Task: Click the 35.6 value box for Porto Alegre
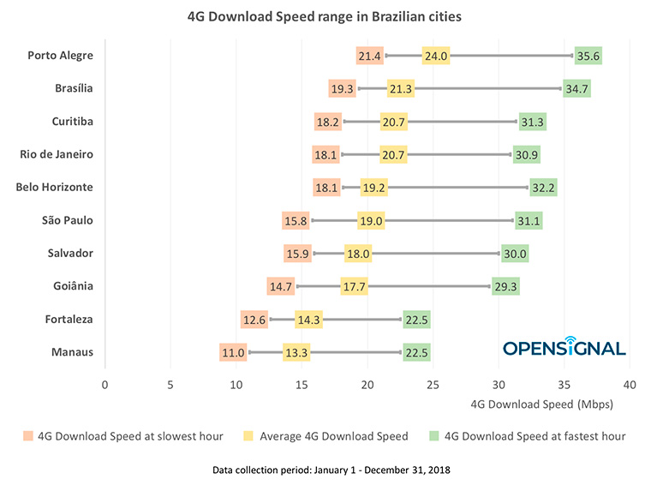588,56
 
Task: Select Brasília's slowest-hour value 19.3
342,89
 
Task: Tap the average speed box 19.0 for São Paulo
371,221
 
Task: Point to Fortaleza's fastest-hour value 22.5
416,320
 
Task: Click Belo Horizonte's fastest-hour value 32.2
543,188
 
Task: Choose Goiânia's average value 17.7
354,287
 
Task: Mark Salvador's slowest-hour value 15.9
297,254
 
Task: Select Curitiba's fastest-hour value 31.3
532,122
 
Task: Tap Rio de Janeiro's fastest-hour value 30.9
526,155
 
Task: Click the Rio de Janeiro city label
57,154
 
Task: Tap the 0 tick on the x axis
105,386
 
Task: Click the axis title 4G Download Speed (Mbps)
542,404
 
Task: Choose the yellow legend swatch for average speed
250,436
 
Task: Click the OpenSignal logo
564,347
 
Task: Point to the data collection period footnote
325,471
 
